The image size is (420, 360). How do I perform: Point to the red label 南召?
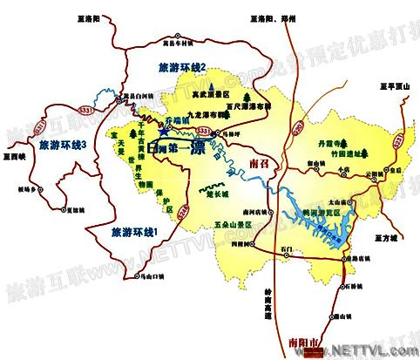pos(261,163)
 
